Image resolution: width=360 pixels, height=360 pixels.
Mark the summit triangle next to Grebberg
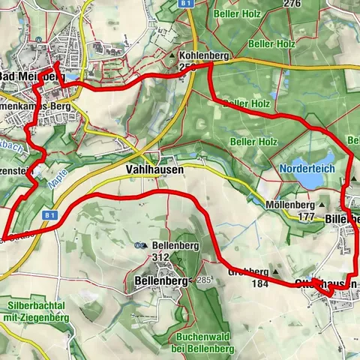[276, 272]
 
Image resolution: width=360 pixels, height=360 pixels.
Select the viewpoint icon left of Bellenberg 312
[140, 245]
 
